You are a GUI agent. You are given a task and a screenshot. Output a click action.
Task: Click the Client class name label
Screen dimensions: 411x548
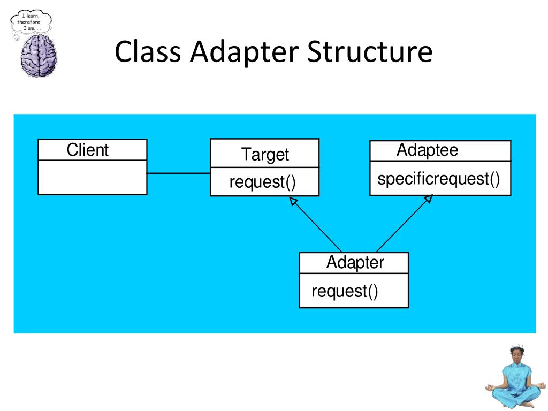point(87,150)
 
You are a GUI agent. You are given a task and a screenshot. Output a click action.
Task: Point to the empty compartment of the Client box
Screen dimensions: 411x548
point(92,177)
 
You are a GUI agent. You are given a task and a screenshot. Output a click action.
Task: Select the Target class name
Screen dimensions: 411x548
point(264,155)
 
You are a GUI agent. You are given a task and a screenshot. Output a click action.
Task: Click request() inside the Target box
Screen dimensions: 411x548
point(262,182)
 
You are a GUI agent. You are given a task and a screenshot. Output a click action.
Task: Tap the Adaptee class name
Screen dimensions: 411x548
point(427,150)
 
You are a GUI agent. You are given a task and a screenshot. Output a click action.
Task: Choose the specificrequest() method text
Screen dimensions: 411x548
point(439,179)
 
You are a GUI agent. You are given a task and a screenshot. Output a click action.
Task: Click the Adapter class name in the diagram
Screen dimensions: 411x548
point(355,263)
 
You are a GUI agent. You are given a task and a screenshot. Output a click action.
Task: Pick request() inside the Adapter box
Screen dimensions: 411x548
point(345,291)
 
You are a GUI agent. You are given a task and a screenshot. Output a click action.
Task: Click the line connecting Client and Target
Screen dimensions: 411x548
point(178,173)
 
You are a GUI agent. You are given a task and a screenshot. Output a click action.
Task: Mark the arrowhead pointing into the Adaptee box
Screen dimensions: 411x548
point(428,199)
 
